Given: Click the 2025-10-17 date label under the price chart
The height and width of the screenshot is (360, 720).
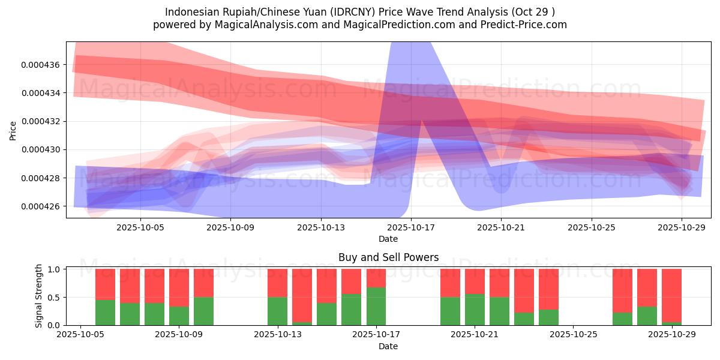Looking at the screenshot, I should point(411,227).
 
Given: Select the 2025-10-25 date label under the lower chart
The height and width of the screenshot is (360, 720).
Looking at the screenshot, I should point(573,335).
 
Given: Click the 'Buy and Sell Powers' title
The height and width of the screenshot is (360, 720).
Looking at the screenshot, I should point(388,257).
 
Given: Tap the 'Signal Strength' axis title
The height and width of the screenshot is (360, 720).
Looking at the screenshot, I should point(39,296).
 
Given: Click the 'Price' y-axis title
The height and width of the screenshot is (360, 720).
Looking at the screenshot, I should point(13,130).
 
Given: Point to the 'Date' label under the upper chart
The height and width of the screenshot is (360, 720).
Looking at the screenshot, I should point(388,239).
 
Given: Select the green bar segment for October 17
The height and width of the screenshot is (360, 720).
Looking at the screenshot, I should point(376,306).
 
